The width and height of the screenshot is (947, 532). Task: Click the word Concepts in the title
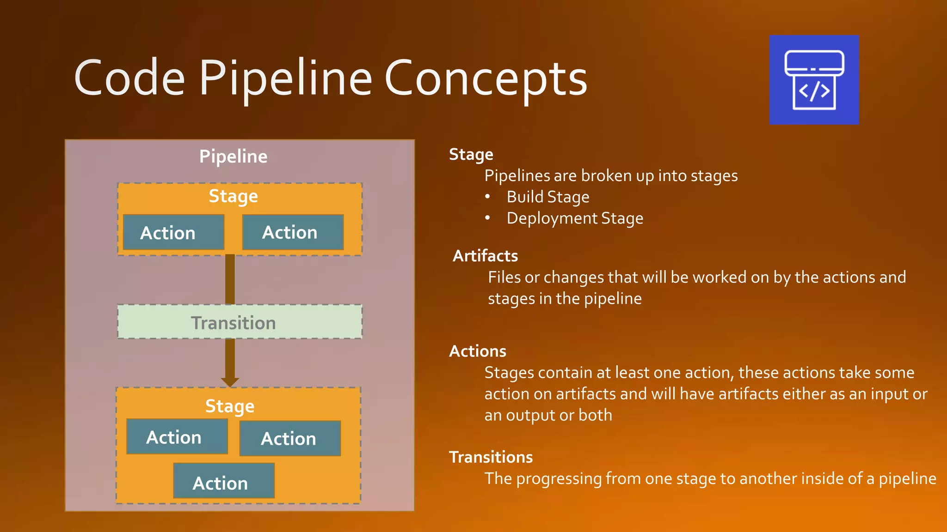pos(486,79)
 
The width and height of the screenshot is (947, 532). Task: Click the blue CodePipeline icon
pos(814,80)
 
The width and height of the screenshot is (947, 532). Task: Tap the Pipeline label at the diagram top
pos(233,157)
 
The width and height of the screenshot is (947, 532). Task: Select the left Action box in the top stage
pos(173,232)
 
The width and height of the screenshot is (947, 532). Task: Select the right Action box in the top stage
pos(293,232)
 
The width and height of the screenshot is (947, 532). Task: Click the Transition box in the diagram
pos(240,322)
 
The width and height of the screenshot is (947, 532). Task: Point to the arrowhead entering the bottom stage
pos(230,382)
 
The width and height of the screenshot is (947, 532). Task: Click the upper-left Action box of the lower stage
pos(177,437)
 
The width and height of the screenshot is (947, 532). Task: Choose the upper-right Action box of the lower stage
pos(290,438)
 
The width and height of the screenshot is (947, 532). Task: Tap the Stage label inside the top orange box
pos(233,196)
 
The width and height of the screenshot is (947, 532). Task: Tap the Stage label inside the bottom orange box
pos(230,406)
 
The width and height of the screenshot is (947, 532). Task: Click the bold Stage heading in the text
pos(471,154)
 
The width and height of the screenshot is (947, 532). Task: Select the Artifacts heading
pos(485,256)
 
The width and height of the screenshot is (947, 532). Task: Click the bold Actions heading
pos(478,351)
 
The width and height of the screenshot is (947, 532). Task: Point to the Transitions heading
pos(491,457)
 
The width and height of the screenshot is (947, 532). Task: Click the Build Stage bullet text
pos(548,197)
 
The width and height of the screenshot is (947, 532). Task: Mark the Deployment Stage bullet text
pos(575,218)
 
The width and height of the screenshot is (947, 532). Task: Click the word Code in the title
pos(129,79)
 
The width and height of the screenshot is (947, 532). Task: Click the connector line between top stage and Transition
pos(230,279)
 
